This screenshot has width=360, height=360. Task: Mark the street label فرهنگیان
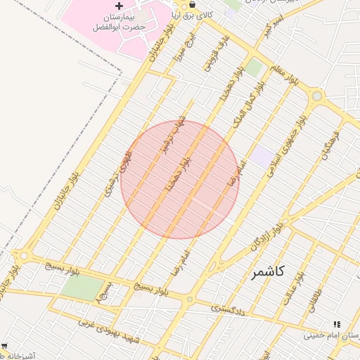(330, 143)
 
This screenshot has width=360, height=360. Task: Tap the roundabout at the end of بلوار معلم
(317, 96)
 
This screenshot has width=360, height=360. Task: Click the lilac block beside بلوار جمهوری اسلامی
(263, 156)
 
